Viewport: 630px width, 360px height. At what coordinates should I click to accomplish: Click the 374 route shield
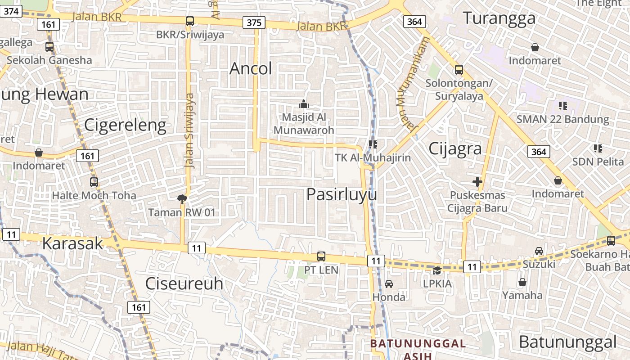coord(11,11)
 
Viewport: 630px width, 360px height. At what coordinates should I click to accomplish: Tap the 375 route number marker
coord(254,22)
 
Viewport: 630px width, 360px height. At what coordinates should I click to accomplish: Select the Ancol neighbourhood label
coord(251,69)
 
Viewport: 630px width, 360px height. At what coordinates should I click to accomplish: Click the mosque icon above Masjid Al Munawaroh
coord(304,104)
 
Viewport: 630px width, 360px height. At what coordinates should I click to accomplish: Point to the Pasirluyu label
coord(342,194)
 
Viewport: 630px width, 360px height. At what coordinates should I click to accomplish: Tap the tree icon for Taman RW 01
coord(182,198)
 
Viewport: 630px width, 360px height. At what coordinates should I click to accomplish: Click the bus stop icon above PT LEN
coord(321,256)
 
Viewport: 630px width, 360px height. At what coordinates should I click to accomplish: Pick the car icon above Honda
coord(389,284)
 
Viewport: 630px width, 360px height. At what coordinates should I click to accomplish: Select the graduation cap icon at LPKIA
coord(437,270)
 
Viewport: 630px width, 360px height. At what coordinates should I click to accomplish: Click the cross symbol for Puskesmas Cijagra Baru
coord(477,182)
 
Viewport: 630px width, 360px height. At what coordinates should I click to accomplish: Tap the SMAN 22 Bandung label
coord(562,120)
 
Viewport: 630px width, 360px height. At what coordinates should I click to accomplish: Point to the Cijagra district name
coord(455,148)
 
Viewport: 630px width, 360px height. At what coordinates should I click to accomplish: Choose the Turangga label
coord(499,18)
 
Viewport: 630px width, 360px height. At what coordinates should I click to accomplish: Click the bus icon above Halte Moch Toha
coord(94,182)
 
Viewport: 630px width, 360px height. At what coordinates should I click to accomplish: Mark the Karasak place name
coord(72,243)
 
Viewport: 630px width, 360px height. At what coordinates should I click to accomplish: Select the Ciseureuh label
coord(184,284)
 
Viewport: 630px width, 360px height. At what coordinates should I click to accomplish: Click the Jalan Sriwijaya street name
coord(190,130)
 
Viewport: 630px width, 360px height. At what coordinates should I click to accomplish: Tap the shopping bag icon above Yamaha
coord(522,282)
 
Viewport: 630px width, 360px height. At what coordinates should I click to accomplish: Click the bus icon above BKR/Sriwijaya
coord(190,21)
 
